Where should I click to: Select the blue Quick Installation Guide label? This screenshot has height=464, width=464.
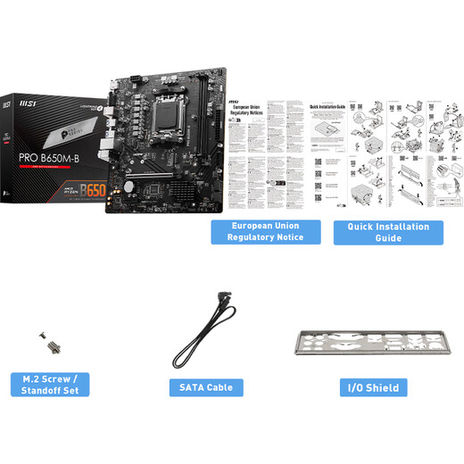[387, 232]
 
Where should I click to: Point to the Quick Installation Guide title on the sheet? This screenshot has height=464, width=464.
[327, 105]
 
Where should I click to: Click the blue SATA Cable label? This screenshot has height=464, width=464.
[207, 387]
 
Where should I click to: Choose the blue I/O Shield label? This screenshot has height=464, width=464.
[375, 387]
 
